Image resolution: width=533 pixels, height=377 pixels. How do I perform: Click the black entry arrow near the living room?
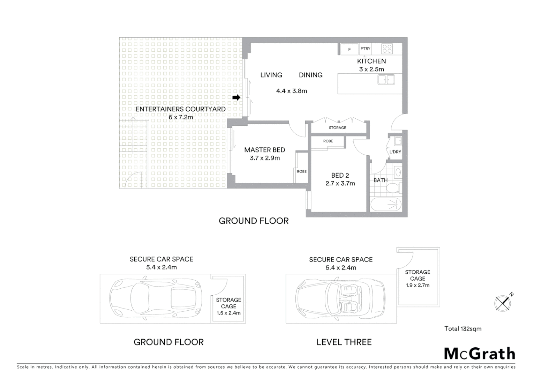[x=236, y=98]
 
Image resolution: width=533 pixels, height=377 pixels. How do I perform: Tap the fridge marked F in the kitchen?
[x=349, y=50]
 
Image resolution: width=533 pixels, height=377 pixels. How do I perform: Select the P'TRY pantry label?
[x=365, y=49]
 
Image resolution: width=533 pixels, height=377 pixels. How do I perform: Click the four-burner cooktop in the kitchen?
[x=387, y=49]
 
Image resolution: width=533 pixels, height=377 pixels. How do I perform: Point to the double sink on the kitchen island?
[x=386, y=80]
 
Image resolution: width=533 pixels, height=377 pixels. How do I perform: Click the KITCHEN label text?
[x=371, y=61]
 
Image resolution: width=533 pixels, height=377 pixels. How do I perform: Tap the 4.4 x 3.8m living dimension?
[x=291, y=91]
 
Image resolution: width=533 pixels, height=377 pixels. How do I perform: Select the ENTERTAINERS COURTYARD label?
[x=180, y=109]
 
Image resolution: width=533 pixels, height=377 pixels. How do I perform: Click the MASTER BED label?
[x=264, y=150]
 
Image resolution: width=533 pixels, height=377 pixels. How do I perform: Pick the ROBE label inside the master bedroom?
[x=302, y=171]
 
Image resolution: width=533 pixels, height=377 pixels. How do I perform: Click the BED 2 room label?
[x=340, y=176]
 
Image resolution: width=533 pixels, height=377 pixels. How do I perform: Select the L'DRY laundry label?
[x=395, y=152]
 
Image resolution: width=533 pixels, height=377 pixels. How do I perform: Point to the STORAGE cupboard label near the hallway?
[x=337, y=128]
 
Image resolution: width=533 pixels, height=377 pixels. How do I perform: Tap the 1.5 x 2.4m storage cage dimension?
[x=228, y=313]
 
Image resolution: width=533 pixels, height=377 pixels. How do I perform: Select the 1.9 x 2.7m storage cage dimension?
[x=418, y=285]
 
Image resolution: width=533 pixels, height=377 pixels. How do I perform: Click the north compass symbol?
[x=503, y=302]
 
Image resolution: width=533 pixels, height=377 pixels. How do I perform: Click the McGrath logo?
[x=480, y=354]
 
